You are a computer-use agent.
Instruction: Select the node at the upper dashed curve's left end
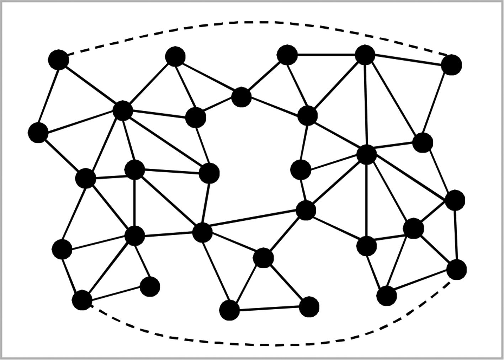point(58,59)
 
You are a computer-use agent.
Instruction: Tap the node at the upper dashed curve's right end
point(451,65)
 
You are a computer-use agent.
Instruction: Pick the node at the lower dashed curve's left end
point(82,300)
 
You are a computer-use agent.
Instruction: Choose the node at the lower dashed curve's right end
point(456,269)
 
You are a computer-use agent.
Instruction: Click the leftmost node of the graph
point(38,132)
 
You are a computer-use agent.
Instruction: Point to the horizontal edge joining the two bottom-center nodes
point(269,308)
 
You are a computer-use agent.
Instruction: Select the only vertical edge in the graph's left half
point(134,203)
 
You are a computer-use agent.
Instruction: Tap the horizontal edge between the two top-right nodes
point(325,55)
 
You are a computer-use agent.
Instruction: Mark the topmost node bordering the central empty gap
point(241,97)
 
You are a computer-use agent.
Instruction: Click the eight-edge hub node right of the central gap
point(366,155)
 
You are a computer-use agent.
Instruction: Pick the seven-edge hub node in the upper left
point(123,111)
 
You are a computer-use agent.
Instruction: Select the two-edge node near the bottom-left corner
point(150,286)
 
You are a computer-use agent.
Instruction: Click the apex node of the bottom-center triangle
point(263,258)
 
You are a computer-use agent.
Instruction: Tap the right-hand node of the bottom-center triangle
point(309,306)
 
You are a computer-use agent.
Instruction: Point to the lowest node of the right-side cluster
point(386,295)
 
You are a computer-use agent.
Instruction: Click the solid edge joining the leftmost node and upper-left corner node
point(48,96)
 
